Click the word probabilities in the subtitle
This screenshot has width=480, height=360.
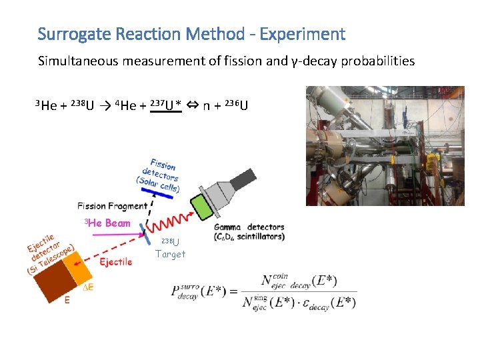click(378, 61)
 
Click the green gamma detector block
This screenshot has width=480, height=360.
click(202, 205)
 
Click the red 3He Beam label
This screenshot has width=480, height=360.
click(107, 223)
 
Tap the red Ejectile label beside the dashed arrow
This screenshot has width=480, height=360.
click(115, 262)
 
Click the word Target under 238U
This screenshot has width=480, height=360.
click(170, 254)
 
